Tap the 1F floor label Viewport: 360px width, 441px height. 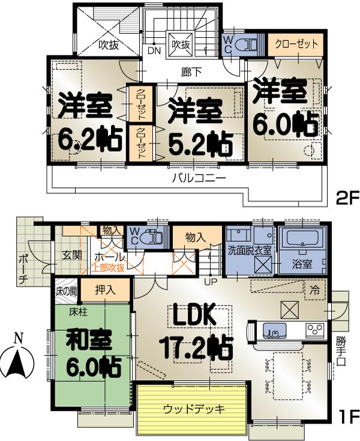(x=344, y=415)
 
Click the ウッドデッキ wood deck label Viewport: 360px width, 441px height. (x=193, y=410)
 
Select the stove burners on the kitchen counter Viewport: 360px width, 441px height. (x=315, y=329)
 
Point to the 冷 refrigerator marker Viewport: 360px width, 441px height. (x=315, y=289)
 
